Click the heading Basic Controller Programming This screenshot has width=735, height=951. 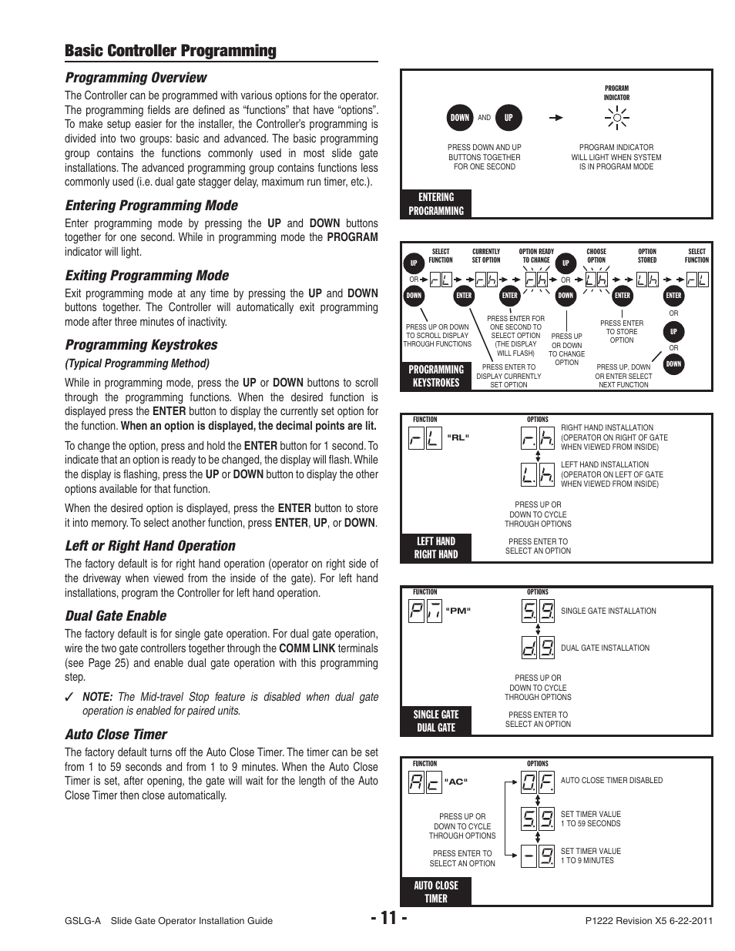tap(170, 51)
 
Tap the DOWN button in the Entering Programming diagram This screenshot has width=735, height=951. tap(460, 118)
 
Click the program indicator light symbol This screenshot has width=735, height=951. tap(616, 118)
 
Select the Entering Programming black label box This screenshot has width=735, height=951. tap(436, 204)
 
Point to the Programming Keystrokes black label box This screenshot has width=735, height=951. tap(436, 376)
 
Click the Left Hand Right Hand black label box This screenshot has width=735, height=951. tap(436, 547)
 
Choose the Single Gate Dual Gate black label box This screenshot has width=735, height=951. tap(436, 721)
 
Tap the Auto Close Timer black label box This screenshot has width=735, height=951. tap(436, 892)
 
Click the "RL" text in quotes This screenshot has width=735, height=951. tap(458, 437)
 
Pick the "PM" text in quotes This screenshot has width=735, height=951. tap(458, 611)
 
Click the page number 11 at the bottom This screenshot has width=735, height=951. tap(388, 918)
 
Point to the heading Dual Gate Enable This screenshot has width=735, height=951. tap(116, 615)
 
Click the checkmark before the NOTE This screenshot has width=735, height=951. tap(69, 697)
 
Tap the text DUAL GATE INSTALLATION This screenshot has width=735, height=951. tap(605, 648)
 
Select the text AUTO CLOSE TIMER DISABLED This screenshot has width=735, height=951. tap(611, 780)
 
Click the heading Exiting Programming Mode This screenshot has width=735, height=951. tap(146, 275)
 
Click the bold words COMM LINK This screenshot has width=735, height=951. tap(307, 648)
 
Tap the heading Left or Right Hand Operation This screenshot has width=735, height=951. tap(150, 545)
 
